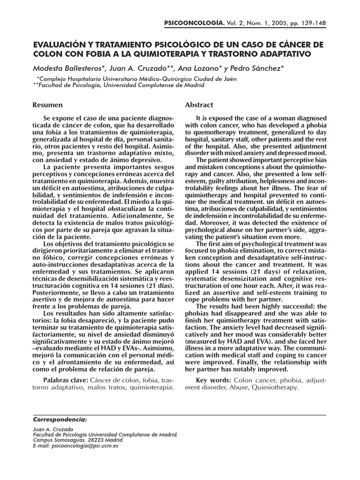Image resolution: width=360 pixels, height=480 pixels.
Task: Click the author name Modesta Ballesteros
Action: coord(67,69)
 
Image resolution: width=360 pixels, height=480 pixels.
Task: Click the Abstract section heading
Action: coord(199,105)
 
